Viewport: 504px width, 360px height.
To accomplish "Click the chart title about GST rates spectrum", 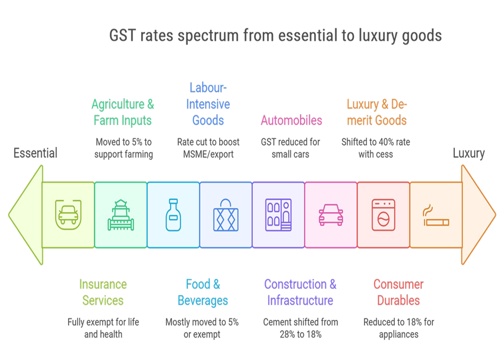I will pos(276,36).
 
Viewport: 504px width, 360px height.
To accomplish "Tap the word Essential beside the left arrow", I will pos(36,153).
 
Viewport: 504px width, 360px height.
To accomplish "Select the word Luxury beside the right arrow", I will pos(468,153).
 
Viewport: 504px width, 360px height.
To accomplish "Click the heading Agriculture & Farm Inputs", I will pos(122,112).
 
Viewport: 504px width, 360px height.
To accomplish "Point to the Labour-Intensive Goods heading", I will pos(208,104).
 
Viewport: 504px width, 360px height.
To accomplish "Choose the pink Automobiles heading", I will pos(291,120).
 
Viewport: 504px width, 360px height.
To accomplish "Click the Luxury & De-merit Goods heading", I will pos(377,112).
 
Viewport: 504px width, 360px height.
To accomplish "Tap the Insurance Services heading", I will pos(103,292).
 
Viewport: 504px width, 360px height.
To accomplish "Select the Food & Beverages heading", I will pos(203,292).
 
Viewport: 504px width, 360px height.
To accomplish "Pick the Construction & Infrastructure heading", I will pos(300,292).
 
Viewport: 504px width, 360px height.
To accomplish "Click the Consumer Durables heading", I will pos(398,292).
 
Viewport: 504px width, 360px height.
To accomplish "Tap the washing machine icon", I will pos(383,215).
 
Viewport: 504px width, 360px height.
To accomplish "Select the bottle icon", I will pos(173,215).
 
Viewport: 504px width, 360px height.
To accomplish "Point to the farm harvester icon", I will pos(121,215).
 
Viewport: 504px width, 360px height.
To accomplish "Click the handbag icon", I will pos(226,216).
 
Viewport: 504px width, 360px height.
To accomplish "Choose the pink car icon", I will pos(331,215).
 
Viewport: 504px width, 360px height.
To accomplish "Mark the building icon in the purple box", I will pos(278,215).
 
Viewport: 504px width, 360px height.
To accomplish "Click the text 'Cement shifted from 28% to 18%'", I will pos(300,328).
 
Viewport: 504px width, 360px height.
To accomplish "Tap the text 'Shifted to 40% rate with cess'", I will pos(376,148).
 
